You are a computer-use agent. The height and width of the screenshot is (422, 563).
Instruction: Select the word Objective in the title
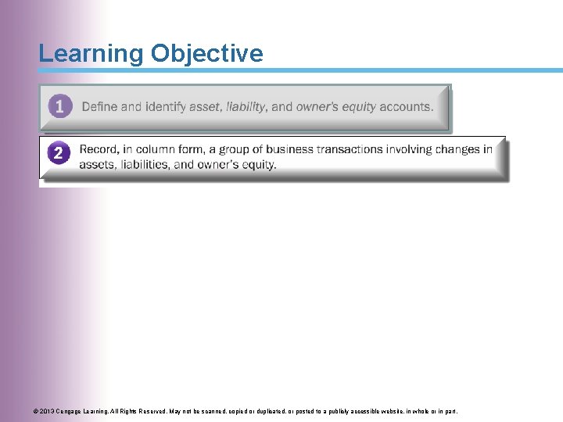207,54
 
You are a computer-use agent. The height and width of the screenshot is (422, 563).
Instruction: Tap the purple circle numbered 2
59,152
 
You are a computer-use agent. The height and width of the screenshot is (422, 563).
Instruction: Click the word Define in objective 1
99,107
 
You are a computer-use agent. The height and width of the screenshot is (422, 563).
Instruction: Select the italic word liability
246,107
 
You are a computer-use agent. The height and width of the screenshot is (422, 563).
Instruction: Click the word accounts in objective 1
406,107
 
